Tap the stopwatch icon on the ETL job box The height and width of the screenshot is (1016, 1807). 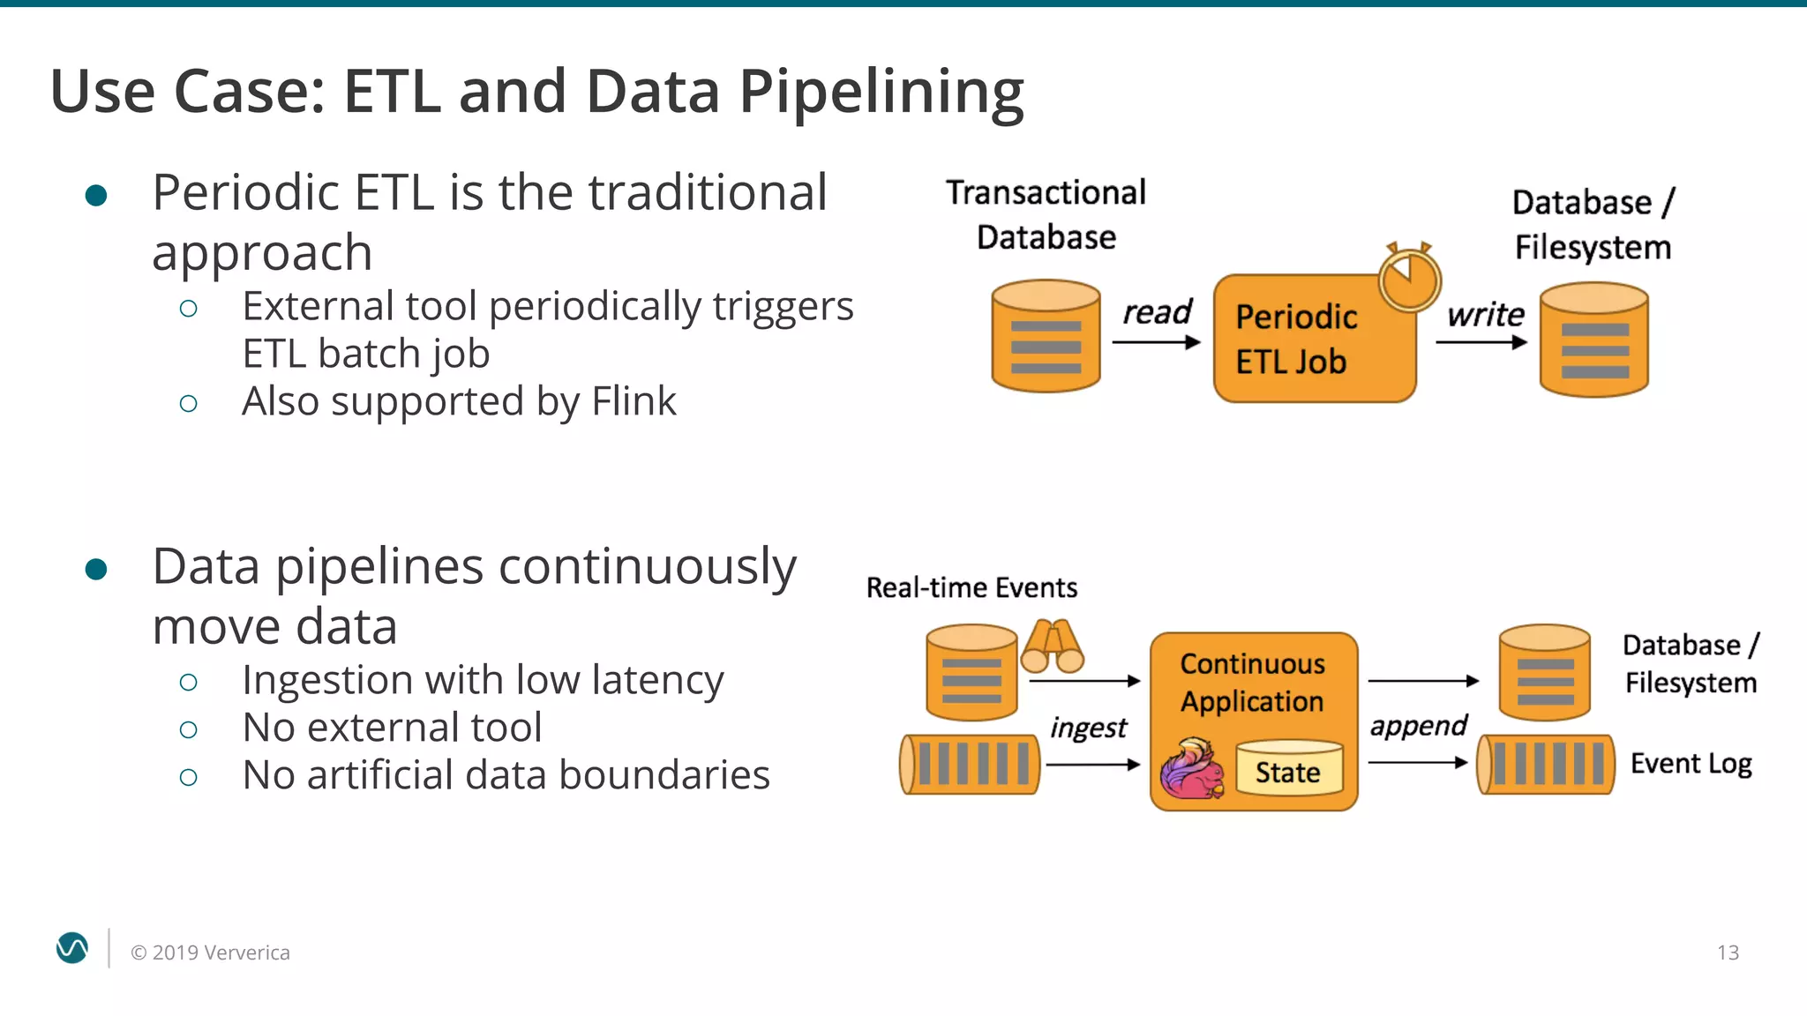tap(1409, 279)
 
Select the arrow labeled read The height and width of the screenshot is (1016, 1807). tap(1156, 342)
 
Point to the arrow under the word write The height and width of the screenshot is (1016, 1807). tap(1481, 342)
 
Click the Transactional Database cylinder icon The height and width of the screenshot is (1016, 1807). tap(1046, 336)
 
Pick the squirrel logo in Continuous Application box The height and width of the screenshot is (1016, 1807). tap(1192, 770)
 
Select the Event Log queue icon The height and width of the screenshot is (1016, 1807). tap(1546, 764)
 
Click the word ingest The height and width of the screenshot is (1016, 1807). tap(1088, 728)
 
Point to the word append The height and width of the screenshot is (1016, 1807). tap(1417, 726)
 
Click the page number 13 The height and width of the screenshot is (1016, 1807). tap(1728, 952)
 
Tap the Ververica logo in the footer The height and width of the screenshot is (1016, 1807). tap(72, 948)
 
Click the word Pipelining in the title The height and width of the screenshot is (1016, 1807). tap(880, 93)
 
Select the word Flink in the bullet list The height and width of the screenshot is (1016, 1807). tap(634, 401)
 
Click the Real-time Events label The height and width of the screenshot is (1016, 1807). tap(971, 587)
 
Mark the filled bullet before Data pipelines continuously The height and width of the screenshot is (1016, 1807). tap(96, 570)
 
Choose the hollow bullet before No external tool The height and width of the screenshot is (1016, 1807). tap(188, 729)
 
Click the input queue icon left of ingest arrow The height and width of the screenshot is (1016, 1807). tap(970, 764)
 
